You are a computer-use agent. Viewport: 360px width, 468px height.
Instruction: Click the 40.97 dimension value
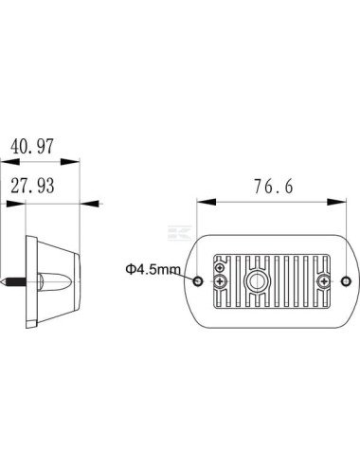[32, 146]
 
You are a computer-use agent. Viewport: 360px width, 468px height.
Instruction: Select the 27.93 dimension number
[32, 186]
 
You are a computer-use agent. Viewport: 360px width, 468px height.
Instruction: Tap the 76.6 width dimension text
[274, 186]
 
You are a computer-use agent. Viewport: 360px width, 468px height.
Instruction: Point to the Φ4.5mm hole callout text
[153, 269]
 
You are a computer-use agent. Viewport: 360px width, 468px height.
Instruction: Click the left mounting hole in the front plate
[199, 280]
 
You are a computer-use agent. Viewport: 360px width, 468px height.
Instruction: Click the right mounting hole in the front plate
[347, 280]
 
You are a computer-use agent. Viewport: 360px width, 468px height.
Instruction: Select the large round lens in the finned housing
[258, 280]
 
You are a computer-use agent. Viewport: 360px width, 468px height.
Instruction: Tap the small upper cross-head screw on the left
[220, 268]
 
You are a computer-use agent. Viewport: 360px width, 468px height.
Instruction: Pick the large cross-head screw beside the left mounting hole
[220, 280]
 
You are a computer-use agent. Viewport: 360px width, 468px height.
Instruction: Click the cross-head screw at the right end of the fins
[324, 280]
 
